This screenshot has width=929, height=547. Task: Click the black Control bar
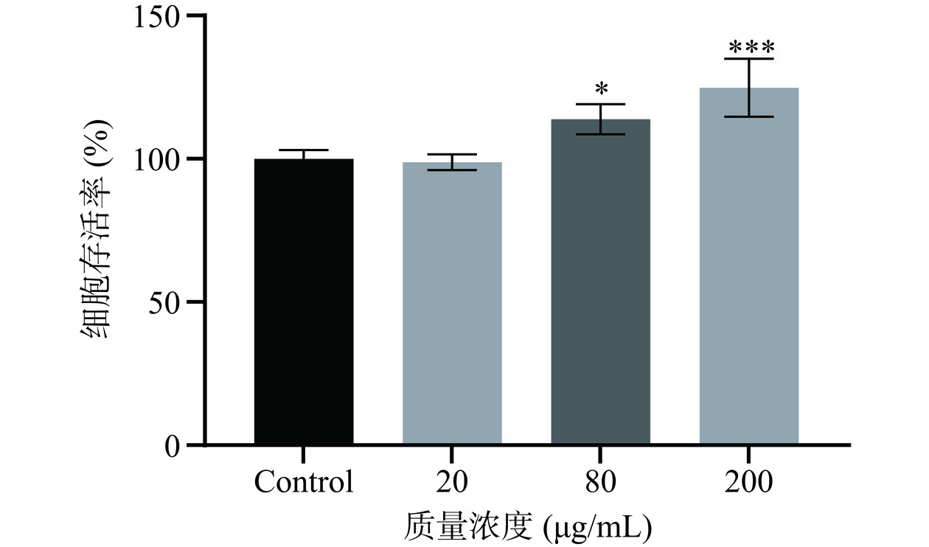pos(304,302)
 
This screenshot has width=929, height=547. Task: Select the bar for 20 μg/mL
pos(452,304)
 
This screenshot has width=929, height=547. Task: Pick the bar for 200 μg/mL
pos(749,266)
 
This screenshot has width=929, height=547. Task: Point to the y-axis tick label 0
pos(174,445)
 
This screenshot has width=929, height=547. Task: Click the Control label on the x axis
pos(304,483)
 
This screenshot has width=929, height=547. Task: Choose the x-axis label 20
pos(452,483)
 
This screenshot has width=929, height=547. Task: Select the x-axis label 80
pos(601,483)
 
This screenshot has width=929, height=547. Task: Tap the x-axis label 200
pos(749,483)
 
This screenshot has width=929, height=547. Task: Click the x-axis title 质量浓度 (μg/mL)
pos(528,527)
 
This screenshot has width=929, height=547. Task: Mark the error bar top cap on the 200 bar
pos(749,59)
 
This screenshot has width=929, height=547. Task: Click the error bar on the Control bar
pos(304,153)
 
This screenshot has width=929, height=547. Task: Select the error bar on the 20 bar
pos(452,161)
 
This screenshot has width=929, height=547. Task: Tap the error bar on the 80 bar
pos(601,119)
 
